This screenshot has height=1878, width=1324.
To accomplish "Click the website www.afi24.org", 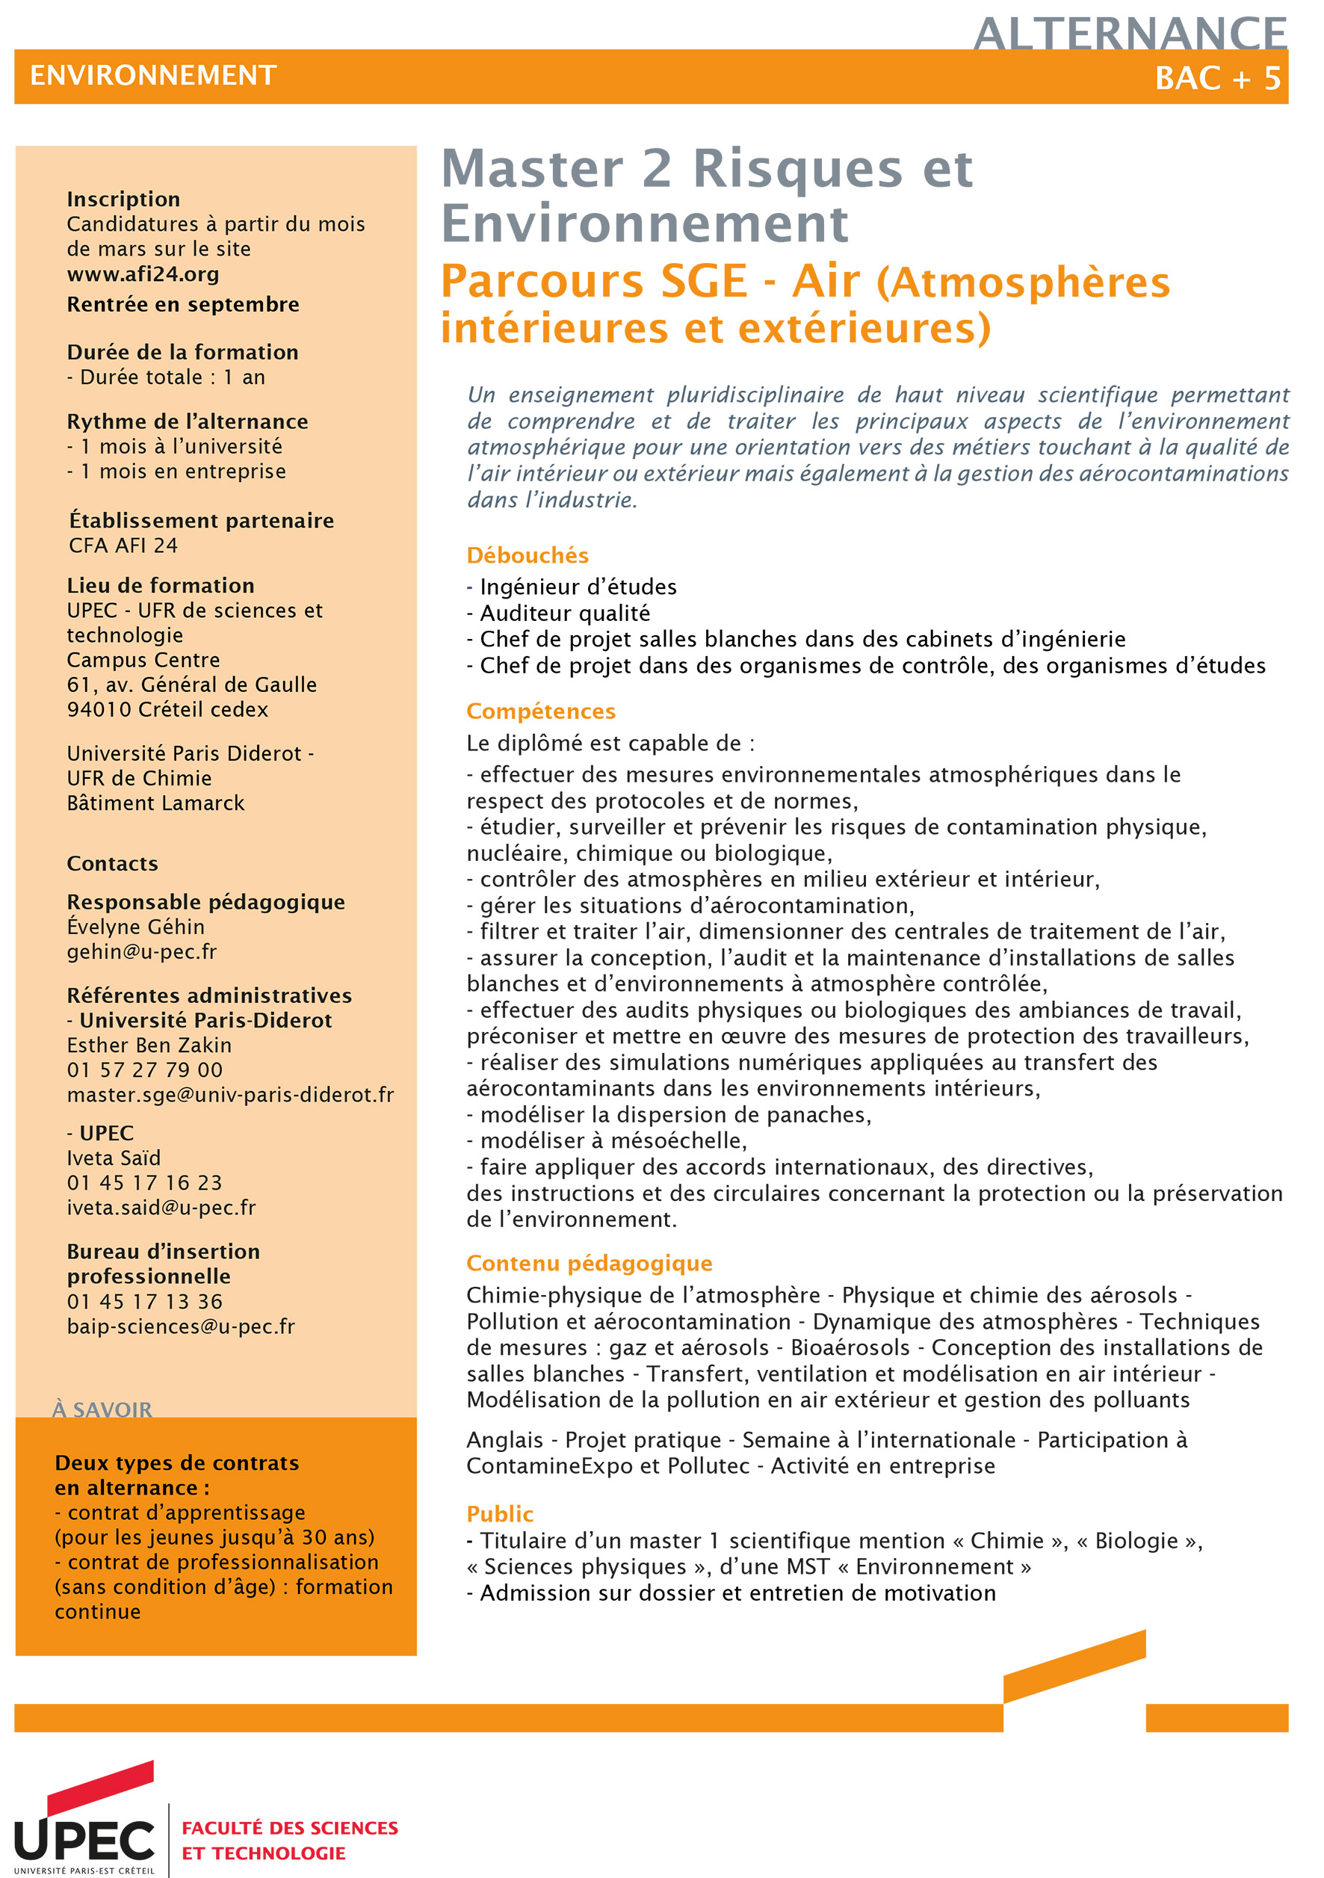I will tap(143, 274).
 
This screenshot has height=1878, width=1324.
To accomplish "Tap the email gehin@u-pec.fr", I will tap(142, 951).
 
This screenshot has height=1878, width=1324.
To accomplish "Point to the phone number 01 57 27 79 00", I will tap(145, 1070).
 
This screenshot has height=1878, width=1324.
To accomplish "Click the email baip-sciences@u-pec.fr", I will tap(181, 1326).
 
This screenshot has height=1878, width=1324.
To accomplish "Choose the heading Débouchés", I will tap(528, 555).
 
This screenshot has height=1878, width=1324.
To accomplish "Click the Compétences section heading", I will tap(540, 711).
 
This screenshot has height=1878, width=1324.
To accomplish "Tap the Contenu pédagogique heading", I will tap(589, 1263).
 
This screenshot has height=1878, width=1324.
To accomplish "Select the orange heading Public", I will tap(500, 1514).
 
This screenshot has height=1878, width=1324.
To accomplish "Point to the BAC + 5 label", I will tap(1217, 78).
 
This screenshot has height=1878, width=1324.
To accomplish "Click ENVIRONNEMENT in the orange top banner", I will tap(154, 76).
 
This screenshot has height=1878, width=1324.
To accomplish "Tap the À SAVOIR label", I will tap(102, 1409).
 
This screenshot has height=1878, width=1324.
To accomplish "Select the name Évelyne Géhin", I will tap(136, 927).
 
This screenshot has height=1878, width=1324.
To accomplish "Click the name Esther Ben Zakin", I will tap(149, 1045).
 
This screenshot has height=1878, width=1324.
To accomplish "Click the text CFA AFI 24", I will tap(123, 546).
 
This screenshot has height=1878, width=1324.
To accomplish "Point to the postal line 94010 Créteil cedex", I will tap(167, 709).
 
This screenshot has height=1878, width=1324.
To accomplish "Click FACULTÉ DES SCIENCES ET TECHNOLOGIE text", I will tap(289, 1841).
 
